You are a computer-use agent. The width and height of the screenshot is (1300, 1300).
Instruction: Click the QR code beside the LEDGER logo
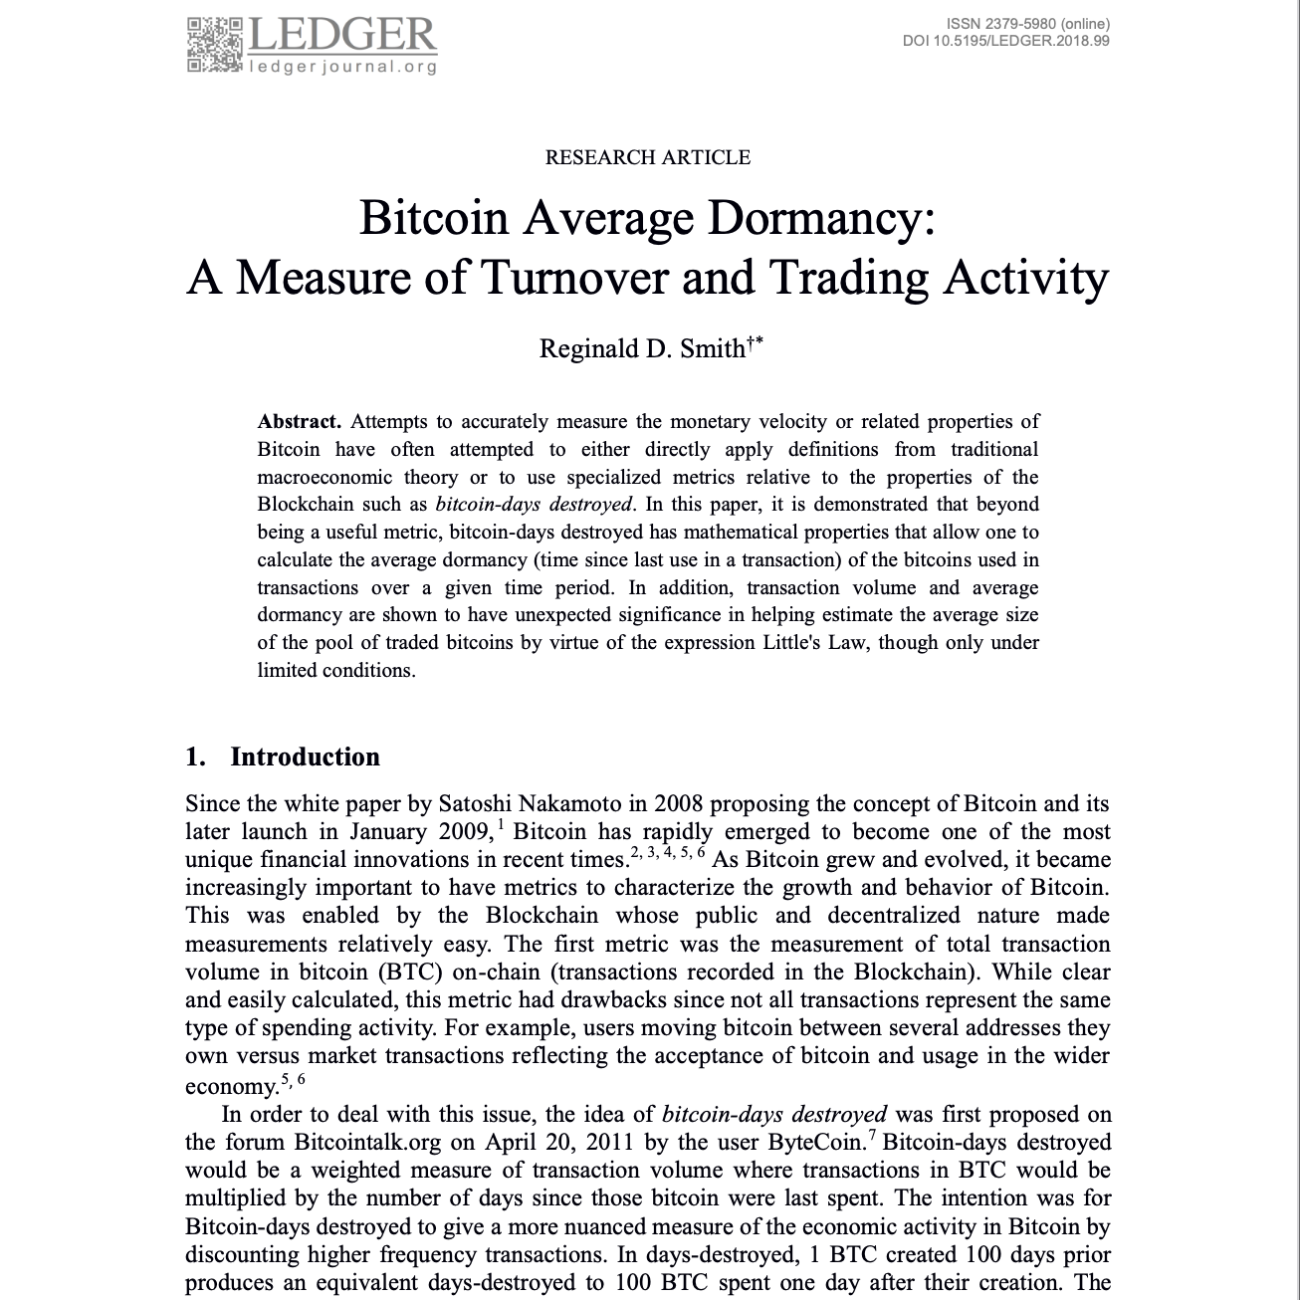214,45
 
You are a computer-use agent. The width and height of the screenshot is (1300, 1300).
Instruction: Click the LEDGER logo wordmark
340,35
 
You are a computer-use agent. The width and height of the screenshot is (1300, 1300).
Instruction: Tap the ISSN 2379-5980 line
1028,24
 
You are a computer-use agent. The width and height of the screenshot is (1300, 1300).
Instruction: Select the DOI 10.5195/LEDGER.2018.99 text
1005,41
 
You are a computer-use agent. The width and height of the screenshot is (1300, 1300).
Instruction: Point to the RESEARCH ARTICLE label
648,157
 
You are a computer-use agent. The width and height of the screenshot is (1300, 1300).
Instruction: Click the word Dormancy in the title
814,218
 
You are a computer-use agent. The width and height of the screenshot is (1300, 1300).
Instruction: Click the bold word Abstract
300,422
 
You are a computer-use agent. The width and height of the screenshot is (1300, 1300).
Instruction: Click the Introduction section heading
305,758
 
